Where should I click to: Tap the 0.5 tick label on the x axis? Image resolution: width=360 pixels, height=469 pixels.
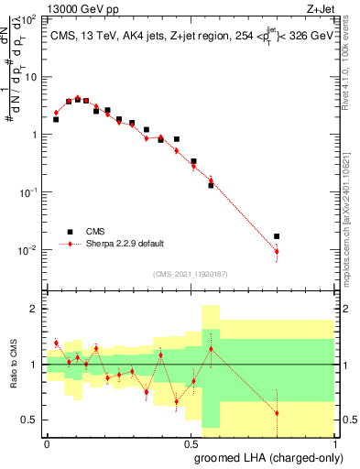pos(191,442)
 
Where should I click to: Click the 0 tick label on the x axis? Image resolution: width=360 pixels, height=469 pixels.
pos(48,442)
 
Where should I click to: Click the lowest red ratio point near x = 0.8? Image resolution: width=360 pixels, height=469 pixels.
pos(277,413)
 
